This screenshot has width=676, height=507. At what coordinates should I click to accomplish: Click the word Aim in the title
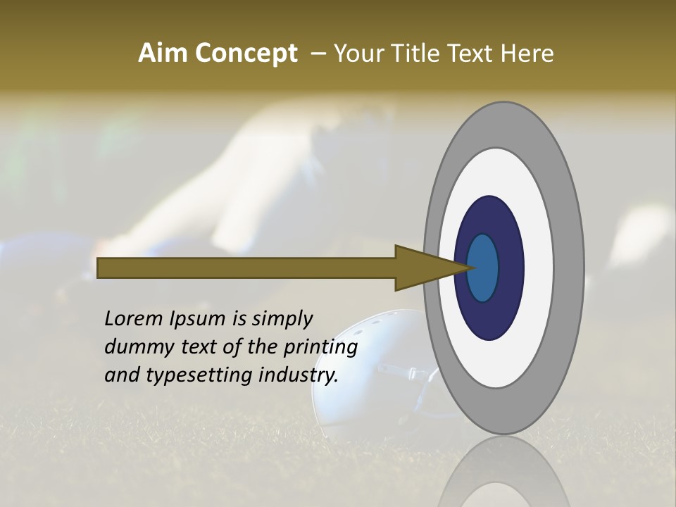[x=162, y=54]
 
